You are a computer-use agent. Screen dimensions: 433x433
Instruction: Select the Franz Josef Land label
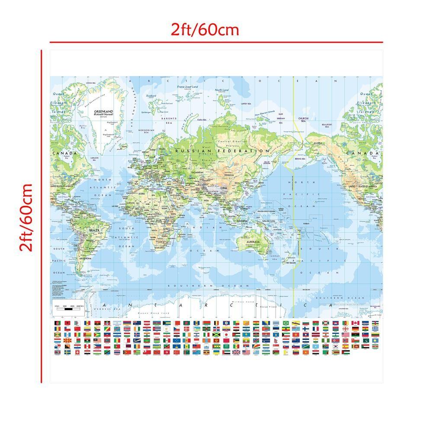(x=187, y=87)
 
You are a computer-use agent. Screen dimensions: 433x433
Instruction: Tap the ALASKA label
(x=319, y=143)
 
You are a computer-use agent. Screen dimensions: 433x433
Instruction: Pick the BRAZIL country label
(x=82, y=231)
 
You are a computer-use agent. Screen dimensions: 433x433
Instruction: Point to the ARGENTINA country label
(x=84, y=258)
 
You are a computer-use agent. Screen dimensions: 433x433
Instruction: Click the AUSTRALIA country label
(x=253, y=241)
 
